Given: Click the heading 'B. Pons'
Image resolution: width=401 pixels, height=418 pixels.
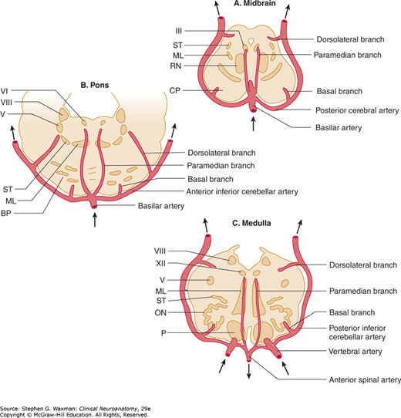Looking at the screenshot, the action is tap(95, 85).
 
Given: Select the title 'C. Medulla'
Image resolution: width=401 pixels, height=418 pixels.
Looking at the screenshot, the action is tap(251, 223).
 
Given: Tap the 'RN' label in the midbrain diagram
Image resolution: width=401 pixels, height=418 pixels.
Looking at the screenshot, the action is tap(176, 66).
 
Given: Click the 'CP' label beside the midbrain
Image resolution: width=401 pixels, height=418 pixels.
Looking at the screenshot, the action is tap(175, 91).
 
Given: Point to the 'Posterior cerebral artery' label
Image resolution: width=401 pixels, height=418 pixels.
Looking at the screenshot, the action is tap(357, 110).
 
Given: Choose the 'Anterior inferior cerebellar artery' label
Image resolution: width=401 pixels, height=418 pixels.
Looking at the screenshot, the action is tap(242, 191).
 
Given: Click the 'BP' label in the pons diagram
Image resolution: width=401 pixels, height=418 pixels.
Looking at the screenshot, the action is tap(6, 214).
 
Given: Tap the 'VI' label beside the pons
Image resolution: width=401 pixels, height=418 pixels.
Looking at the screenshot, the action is tap(5, 91).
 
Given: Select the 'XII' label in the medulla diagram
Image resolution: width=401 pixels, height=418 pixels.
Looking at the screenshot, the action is tap(160, 264).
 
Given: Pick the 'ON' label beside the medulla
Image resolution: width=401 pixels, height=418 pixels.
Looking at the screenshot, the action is tap(160, 312).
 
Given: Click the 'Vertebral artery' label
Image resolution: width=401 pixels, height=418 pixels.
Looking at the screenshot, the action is tap(356, 352).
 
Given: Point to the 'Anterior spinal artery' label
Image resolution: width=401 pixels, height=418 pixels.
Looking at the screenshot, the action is tap(365, 379).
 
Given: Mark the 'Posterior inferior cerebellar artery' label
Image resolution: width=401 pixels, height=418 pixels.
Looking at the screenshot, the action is tap(357, 332).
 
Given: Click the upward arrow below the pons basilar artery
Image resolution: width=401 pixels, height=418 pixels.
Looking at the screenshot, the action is tap(95, 219).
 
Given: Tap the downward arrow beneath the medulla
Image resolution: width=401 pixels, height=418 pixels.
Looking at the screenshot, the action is tap(249, 371).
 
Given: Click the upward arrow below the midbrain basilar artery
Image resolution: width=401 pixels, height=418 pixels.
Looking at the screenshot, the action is tap(253, 124).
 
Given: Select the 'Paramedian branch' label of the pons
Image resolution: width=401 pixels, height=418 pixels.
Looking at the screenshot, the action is tap(221, 166).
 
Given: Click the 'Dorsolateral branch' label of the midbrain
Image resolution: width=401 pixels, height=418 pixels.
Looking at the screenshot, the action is tap(350, 39).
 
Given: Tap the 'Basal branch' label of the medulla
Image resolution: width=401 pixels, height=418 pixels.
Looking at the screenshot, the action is tap(352, 312).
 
